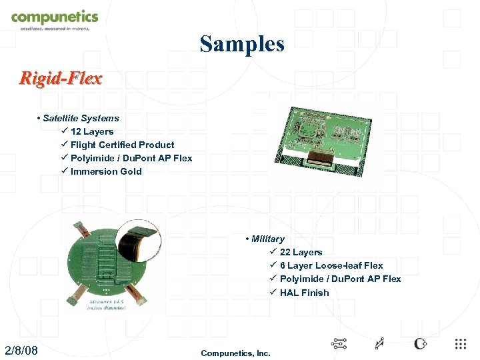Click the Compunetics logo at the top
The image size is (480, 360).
click(x=54, y=18)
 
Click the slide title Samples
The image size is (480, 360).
click(x=242, y=44)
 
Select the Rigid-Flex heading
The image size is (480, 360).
click(x=61, y=79)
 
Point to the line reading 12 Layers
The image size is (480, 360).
click(x=92, y=131)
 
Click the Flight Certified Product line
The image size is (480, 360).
click(x=122, y=145)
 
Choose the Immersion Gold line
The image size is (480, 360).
click(x=106, y=171)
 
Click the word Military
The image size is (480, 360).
click(x=267, y=239)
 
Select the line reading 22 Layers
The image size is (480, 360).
click(x=301, y=252)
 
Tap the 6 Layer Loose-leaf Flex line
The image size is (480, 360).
click(x=331, y=265)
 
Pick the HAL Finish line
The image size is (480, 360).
click(x=304, y=293)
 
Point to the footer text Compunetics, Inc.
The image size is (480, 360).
click(x=235, y=353)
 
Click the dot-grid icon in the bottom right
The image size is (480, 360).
click(x=460, y=344)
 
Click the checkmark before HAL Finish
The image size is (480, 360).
click(x=273, y=293)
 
